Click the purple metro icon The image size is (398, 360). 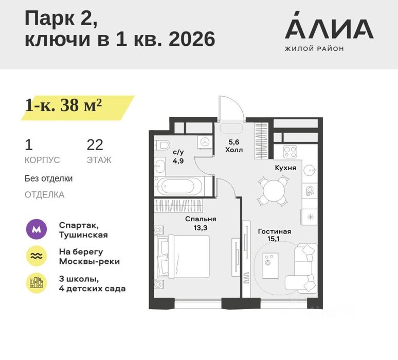coord(37,229)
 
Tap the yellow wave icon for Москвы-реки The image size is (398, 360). coord(37,256)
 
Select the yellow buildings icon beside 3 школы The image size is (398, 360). coord(37,283)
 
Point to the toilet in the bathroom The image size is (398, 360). coord(162,146)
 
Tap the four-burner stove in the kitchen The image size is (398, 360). coord(291,152)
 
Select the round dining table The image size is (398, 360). coord(274,191)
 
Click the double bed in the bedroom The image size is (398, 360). coord(183,256)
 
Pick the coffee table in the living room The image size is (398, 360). coord(270,265)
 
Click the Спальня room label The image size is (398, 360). coord(201,219)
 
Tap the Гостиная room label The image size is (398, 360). coord(275,231)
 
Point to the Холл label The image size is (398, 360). coord(234,150)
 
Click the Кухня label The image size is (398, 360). coord(285,168)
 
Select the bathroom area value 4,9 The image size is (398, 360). coord(178,160)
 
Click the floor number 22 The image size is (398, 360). coord(95,145)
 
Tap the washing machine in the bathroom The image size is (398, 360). coord(205,141)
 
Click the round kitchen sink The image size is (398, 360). coord(310,169)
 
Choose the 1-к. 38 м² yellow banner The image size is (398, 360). coord(78,107)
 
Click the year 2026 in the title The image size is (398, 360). coord(192,40)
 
